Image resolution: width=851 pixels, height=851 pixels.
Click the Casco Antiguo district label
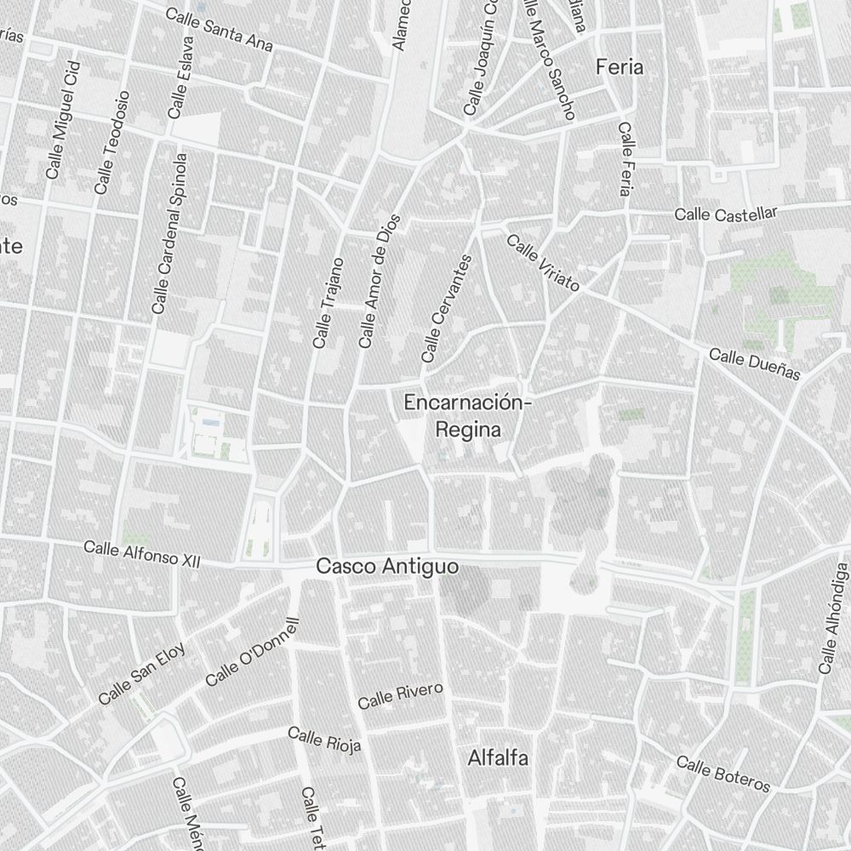[387, 566]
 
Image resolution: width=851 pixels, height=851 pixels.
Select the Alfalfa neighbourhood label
[498, 757]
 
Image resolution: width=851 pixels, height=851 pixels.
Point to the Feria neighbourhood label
[620, 66]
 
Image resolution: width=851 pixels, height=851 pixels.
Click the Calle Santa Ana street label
[219, 30]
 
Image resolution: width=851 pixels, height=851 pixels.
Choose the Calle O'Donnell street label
[254, 652]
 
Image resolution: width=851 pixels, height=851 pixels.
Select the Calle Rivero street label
[400, 695]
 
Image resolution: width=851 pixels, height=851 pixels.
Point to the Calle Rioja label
[324, 740]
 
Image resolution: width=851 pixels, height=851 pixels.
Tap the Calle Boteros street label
[723, 773]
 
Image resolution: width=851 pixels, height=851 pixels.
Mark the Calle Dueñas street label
[755, 363]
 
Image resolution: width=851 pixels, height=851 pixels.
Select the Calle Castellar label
[726, 214]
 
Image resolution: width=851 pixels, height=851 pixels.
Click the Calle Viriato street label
[543, 263]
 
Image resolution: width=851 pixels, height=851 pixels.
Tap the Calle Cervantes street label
[446, 308]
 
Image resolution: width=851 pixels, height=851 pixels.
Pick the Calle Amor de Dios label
[380, 281]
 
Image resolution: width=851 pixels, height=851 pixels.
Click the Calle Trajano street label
[328, 303]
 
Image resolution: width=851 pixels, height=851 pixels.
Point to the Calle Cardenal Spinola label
[168, 233]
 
